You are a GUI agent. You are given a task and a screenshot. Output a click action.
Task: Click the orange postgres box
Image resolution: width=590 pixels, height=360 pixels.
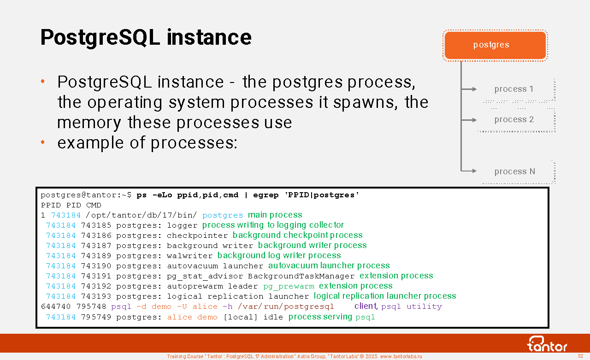[495, 45]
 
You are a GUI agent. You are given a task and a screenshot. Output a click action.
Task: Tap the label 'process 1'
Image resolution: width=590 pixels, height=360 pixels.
[513, 89]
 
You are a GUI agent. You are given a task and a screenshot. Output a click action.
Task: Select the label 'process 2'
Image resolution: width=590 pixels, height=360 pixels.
[514, 119]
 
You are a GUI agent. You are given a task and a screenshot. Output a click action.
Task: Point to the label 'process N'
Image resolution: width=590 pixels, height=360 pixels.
[515, 171]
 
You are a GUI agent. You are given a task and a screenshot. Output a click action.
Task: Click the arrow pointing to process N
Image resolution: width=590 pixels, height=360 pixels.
[469, 171]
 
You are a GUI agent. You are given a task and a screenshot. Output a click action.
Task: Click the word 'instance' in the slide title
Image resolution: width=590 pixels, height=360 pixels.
[209, 37]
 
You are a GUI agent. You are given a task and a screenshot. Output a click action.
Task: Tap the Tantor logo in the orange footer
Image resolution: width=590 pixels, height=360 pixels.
[547, 344]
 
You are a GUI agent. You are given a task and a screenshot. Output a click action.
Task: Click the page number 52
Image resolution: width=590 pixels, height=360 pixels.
[580, 356]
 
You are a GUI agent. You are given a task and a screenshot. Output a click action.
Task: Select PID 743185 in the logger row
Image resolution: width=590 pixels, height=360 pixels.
[96, 225]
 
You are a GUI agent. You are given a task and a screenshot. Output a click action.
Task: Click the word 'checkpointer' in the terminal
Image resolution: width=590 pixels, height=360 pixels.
[197, 236]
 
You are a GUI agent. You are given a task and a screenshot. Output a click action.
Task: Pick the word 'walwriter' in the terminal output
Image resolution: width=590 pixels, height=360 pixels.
[189, 256]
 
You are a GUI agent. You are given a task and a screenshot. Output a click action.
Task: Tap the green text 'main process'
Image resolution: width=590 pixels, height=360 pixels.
[275, 215]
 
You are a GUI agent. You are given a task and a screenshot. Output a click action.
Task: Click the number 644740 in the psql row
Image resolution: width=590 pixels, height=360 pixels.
[56, 307]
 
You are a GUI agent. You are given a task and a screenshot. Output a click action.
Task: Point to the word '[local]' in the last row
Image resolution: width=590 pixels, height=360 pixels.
[240, 317]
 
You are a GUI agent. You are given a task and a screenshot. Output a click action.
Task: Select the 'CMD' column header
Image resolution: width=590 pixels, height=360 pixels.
[94, 205]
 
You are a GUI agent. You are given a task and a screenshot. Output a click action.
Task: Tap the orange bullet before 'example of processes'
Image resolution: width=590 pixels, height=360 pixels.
[43, 142]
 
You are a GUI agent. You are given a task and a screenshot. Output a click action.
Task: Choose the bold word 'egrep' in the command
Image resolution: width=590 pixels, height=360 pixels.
[266, 195]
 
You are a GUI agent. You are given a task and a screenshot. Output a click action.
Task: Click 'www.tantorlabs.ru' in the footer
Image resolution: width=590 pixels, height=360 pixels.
[401, 356]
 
